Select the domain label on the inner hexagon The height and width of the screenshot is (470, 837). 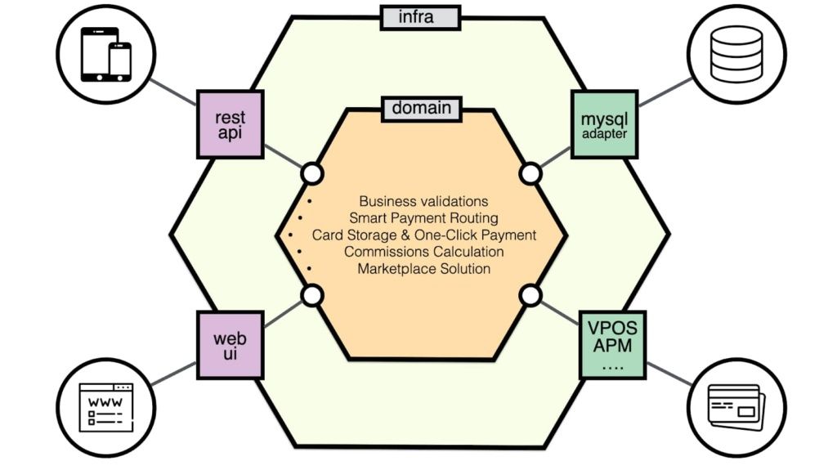click(x=421, y=107)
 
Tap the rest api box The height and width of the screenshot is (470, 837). click(x=231, y=126)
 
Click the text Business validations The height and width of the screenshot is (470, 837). click(x=423, y=200)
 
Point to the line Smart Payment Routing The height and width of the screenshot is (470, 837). click(x=423, y=217)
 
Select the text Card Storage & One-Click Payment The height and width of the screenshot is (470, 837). click(x=423, y=235)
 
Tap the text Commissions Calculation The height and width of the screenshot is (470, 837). click(x=423, y=252)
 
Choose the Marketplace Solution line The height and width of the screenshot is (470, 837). click(x=423, y=269)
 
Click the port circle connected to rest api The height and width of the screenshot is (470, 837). click(x=312, y=173)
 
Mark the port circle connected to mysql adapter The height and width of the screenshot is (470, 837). click(x=530, y=173)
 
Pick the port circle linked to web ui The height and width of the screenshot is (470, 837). click(x=312, y=295)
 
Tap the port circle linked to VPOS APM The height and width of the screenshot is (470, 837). click(x=530, y=295)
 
